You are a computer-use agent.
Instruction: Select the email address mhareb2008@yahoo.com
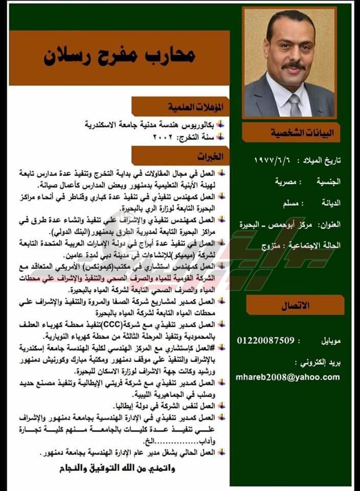[288, 377]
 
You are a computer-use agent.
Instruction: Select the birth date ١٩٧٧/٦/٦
[275, 161]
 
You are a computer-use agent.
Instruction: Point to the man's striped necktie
[295, 105]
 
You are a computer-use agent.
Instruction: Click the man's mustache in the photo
[293, 66]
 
